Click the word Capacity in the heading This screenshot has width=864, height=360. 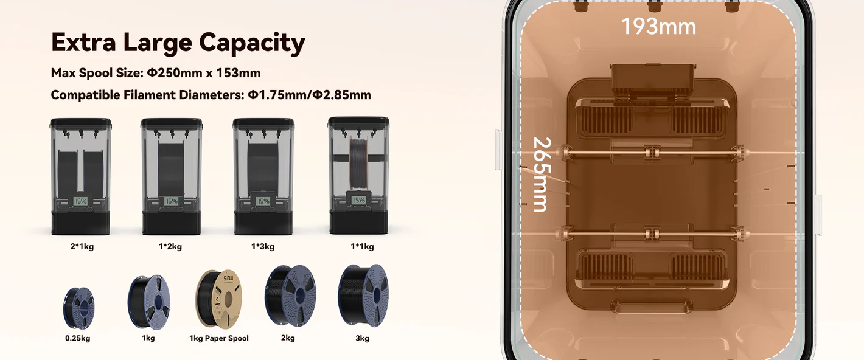coord(252,43)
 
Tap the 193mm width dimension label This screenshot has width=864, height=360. coord(658,27)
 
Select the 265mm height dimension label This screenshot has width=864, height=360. coord(542,175)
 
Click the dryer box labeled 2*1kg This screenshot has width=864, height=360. coord(80,176)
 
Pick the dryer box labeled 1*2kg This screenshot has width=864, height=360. coord(172,176)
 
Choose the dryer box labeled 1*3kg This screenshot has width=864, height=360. coord(263,176)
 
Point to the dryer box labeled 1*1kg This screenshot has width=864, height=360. coord(359,175)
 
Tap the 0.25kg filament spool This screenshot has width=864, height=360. coord(78,308)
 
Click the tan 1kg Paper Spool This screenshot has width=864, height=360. coord(218,299)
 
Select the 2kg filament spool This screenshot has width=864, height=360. coord(290,296)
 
